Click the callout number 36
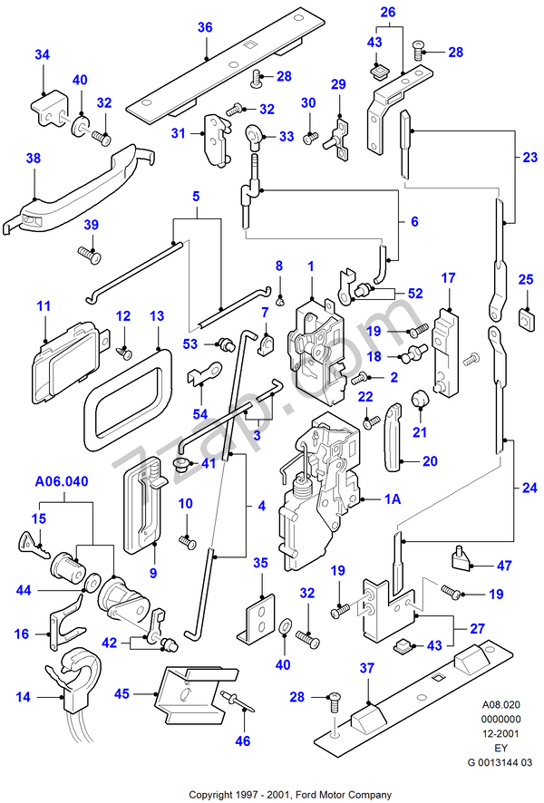click(x=205, y=27)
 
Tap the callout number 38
click(x=34, y=158)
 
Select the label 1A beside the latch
click(x=393, y=498)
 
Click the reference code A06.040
click(x=63, y=482)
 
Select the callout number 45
click(x=121, y=695)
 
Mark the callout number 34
click(x=42, y=55)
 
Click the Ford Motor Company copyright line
click(x=290, y=795)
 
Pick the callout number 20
click(x=430, y=460)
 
